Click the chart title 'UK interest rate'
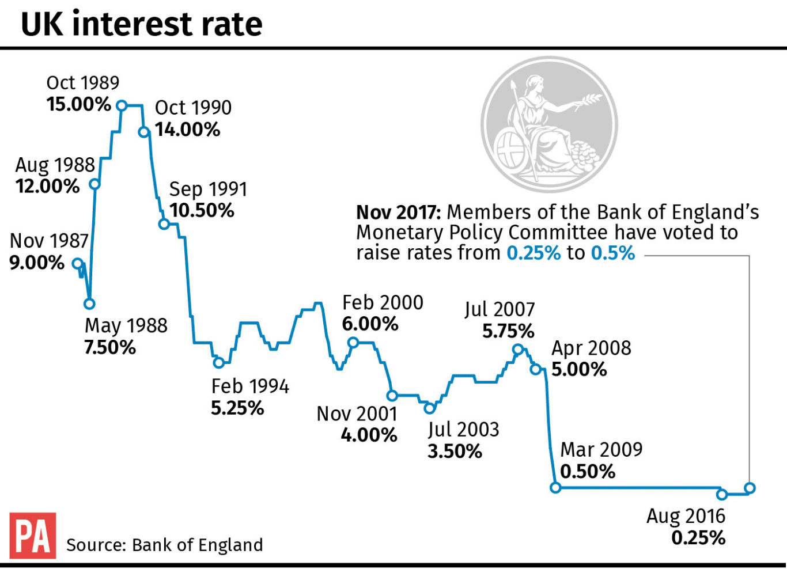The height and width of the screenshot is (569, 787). (141, 24)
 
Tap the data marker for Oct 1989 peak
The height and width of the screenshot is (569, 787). (122, 105)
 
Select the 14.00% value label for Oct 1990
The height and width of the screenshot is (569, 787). (187, 130)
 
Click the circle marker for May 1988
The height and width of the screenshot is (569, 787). (89, 304)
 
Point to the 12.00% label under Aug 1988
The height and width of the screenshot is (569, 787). (48, 187)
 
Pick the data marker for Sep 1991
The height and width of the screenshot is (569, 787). (164, 223)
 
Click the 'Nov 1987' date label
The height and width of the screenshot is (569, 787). (49, 241)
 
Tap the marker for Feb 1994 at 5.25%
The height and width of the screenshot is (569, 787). (218, 362)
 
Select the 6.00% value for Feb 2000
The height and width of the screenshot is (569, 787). (370, 324)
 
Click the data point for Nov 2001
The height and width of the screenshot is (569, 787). (392, 396)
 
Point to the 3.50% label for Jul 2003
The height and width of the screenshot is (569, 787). (455, 452)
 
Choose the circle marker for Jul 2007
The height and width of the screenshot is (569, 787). (517, 349)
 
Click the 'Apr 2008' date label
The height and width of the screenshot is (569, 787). (591, 348)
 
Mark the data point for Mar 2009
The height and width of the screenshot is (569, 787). (555, 487)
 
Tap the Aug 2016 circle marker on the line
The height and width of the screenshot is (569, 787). (722, 494)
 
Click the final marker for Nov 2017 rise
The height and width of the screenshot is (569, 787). (750, 488)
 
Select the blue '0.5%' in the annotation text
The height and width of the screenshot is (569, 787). (613, 253)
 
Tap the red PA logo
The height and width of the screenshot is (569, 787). (33, 535)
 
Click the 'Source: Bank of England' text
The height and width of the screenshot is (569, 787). (165, 545)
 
